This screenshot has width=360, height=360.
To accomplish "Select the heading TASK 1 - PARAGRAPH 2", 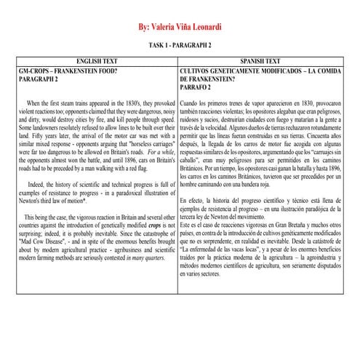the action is tap(180, 44).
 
